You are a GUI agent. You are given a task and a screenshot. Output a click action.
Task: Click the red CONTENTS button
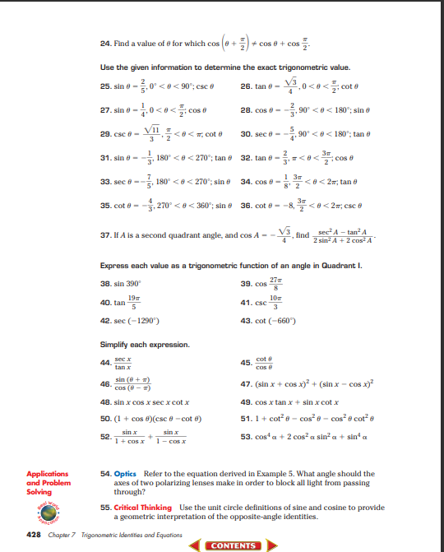point(233,545)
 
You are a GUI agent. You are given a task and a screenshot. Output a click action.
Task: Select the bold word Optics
point(125,475)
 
